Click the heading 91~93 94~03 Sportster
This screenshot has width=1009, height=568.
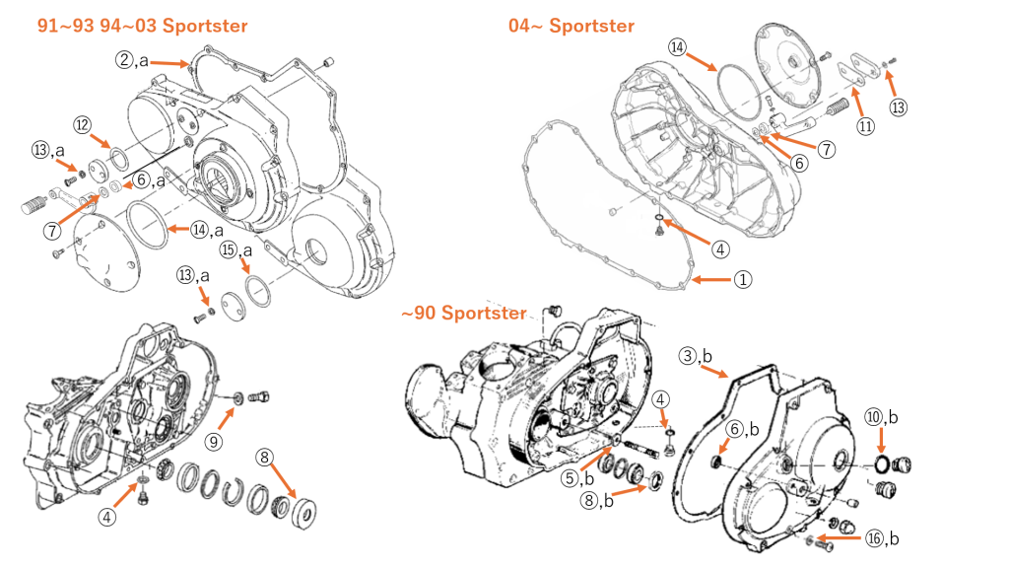(x=143, y=26)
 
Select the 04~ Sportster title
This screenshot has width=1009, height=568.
(x=572, y=26)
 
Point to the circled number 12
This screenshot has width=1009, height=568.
(x=83, y=124)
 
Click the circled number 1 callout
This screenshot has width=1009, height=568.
(x=743, y=279)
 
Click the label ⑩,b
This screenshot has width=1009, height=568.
(x=881, y=417)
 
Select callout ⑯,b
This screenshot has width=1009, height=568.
(x=881, y=538)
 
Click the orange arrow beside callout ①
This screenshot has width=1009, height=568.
(x=711, y=280)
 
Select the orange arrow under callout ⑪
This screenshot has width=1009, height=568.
(x=859, y=101)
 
